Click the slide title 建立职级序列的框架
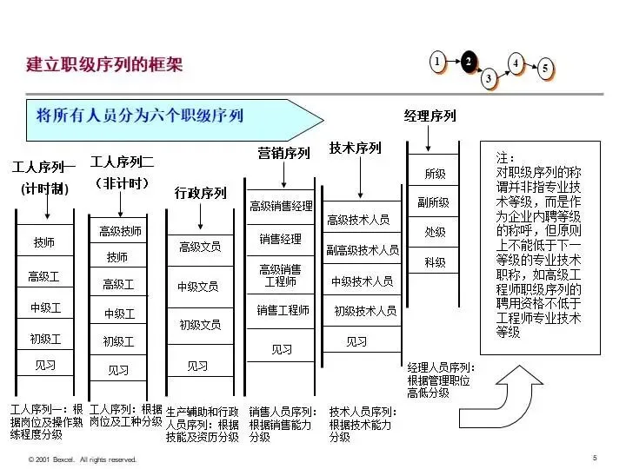click(104, 65)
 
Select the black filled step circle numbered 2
click(469, 61)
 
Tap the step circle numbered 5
click(545, 69)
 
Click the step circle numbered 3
click(489, 78)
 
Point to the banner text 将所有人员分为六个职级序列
click(140, 115)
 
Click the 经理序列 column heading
click(430, 116)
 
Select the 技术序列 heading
click(355, 149)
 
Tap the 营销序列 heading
click(283, 154)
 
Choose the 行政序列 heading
click(200, 193)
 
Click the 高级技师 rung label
click(120, 231)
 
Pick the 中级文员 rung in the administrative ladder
click(198, 287)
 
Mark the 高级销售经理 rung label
click(281, 207)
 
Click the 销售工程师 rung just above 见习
click(283, 310)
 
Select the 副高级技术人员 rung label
click(363, 250)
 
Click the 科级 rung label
click(435, 262)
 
